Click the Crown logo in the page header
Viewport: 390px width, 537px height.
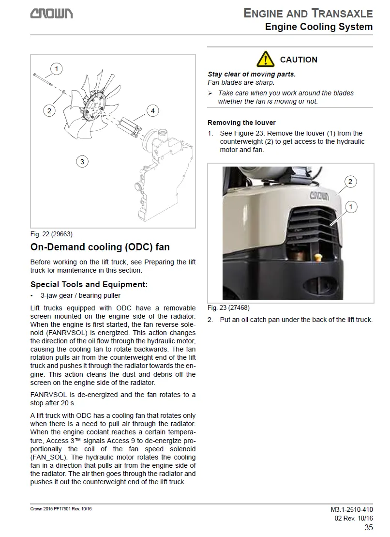52,14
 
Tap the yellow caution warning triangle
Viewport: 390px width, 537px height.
266,59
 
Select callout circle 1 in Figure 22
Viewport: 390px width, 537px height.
57,69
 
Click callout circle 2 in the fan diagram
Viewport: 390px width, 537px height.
49,111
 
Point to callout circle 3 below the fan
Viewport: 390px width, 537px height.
82,161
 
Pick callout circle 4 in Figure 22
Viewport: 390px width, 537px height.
152,111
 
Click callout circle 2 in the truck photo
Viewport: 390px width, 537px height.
350,182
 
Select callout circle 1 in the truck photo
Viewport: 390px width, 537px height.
351,207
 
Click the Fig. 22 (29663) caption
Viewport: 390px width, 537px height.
51,234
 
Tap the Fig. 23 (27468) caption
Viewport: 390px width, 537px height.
228,307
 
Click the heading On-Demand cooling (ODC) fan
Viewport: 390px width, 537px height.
100,247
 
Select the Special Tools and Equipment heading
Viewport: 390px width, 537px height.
89,284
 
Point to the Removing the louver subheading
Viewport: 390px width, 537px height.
241,123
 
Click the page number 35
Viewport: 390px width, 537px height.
368,527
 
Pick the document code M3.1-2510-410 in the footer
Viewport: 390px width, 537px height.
348,509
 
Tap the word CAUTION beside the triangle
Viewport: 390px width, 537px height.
299,60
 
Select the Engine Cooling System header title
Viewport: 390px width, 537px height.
319,27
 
